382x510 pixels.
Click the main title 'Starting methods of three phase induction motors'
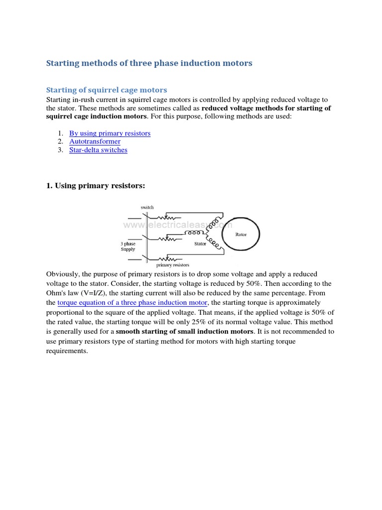pyautogui.click(x=149, y=63)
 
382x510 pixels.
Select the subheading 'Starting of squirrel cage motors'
pyautogui.click(x=106, y=90)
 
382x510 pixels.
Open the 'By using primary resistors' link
pyautogui.click(x=109, y=133)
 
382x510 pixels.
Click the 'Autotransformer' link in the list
pyautogui.click(x=95, y=141)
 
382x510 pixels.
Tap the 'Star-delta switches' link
pyautogui.click(x=98, y=150)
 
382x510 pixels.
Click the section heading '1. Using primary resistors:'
pyautogui.click(x=95, y=186)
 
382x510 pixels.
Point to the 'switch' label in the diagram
pyautogui.click(x=147, y=207)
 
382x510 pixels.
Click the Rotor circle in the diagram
pyautogui.click(x=241, y=235)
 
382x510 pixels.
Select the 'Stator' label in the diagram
pyautogui.click(x=200, y=244)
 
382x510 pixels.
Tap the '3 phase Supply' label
pyautogui.click(x=128, y=247)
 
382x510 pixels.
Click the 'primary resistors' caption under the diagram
pyautogui.click(x=173, y=265)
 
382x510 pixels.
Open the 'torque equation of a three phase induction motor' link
pyautogui.click(x=132, y=303)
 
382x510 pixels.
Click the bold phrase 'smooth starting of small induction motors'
pyautogui.click(x=185, y=332)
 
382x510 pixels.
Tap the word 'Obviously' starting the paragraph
pyautogui.click(x=62, y=274)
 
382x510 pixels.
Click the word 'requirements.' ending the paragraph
pyautogui.click(x=67, y=351)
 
